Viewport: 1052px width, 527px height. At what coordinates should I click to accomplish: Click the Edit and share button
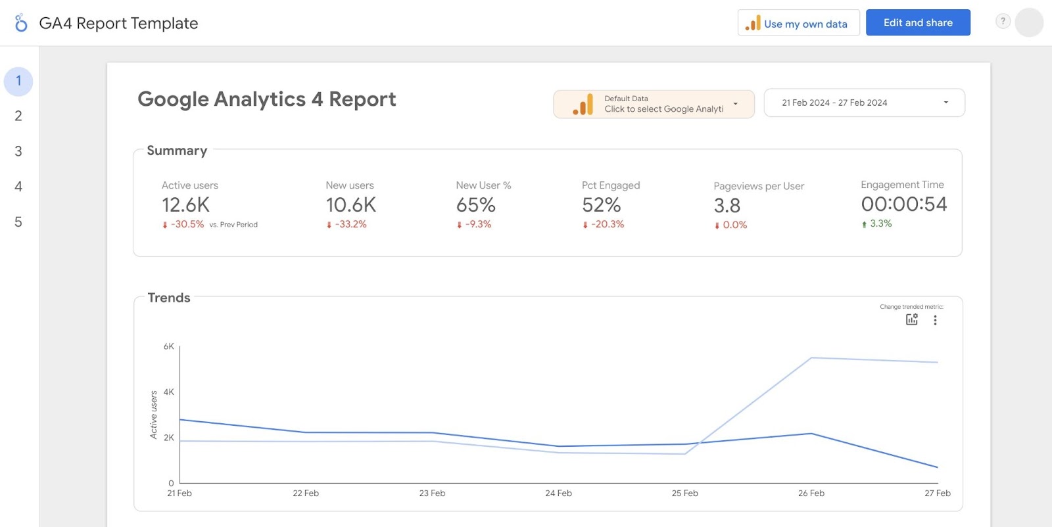point(917,23)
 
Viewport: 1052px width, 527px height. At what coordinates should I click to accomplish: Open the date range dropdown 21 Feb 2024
point(863,103)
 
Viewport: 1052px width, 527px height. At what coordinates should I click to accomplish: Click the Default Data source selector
point(654,104)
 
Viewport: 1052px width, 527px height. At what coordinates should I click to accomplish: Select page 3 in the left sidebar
point(18,151)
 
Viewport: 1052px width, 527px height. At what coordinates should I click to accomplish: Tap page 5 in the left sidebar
point(18,222)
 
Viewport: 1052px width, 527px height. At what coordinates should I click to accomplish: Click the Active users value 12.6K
point(186,205)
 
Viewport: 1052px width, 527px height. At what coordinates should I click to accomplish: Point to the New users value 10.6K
point(351,205)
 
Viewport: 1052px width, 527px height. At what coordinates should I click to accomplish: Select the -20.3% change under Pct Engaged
point(607,225)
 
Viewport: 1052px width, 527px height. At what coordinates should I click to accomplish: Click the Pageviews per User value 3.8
point(727,206)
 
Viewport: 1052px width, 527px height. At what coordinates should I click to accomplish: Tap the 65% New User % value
point(476,205)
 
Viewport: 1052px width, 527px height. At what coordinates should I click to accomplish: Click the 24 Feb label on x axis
point(558,493)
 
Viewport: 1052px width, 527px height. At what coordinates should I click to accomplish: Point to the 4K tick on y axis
point(169,392)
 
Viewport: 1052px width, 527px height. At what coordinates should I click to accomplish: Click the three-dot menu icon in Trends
point(935,320)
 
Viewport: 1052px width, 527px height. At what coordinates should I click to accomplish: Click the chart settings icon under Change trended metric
point(911,320)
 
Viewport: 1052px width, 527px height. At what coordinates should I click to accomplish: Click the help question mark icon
point(1002,21)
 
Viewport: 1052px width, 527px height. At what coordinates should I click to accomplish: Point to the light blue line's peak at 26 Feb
point(812,358)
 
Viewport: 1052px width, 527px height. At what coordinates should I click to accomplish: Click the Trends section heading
point(169,298)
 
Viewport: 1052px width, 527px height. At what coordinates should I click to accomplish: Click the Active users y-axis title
point(154,415)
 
